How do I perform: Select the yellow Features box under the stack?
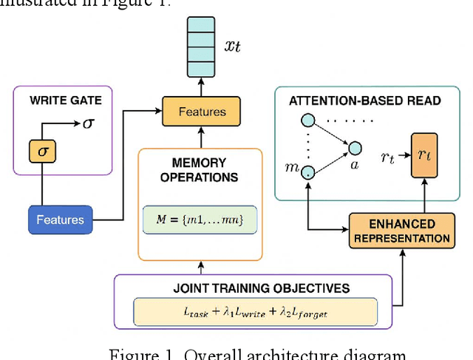click(x=203, y=112)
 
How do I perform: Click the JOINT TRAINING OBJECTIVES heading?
click(x=251, y=288)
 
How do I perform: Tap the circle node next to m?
click(x=307, y=172)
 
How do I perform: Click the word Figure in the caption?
click(x=135, y=353)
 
